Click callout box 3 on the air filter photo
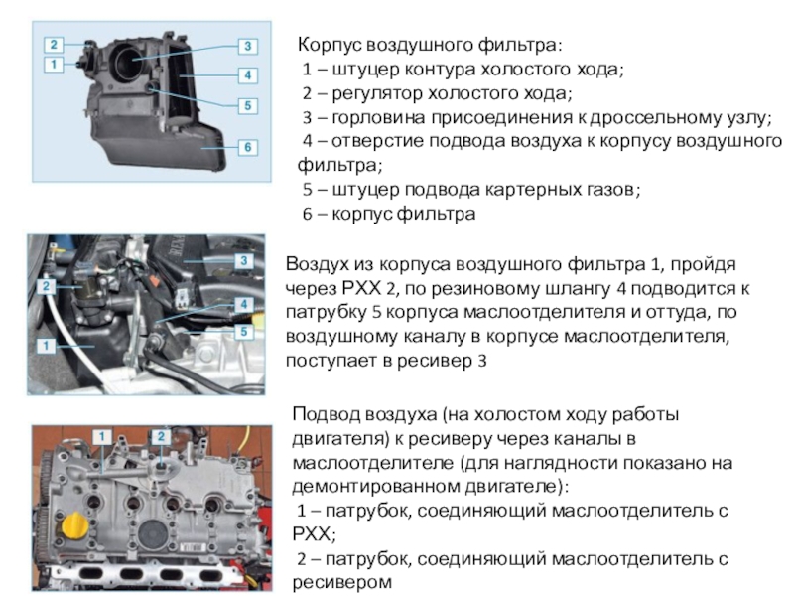(x=247, y=46)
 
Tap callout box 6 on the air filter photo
(x=247, y=147)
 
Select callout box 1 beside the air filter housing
(x=54, y=65)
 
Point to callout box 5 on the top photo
(x=247, y=106)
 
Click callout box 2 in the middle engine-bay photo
(x=46, y=286)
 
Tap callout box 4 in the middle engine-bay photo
(x=244, y=305)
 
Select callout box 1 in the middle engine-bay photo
(x=46, y=346)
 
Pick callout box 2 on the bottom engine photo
(x=161, y=436)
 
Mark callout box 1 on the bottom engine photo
(x=102, y=436)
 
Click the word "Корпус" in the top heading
(x=330, y=45)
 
